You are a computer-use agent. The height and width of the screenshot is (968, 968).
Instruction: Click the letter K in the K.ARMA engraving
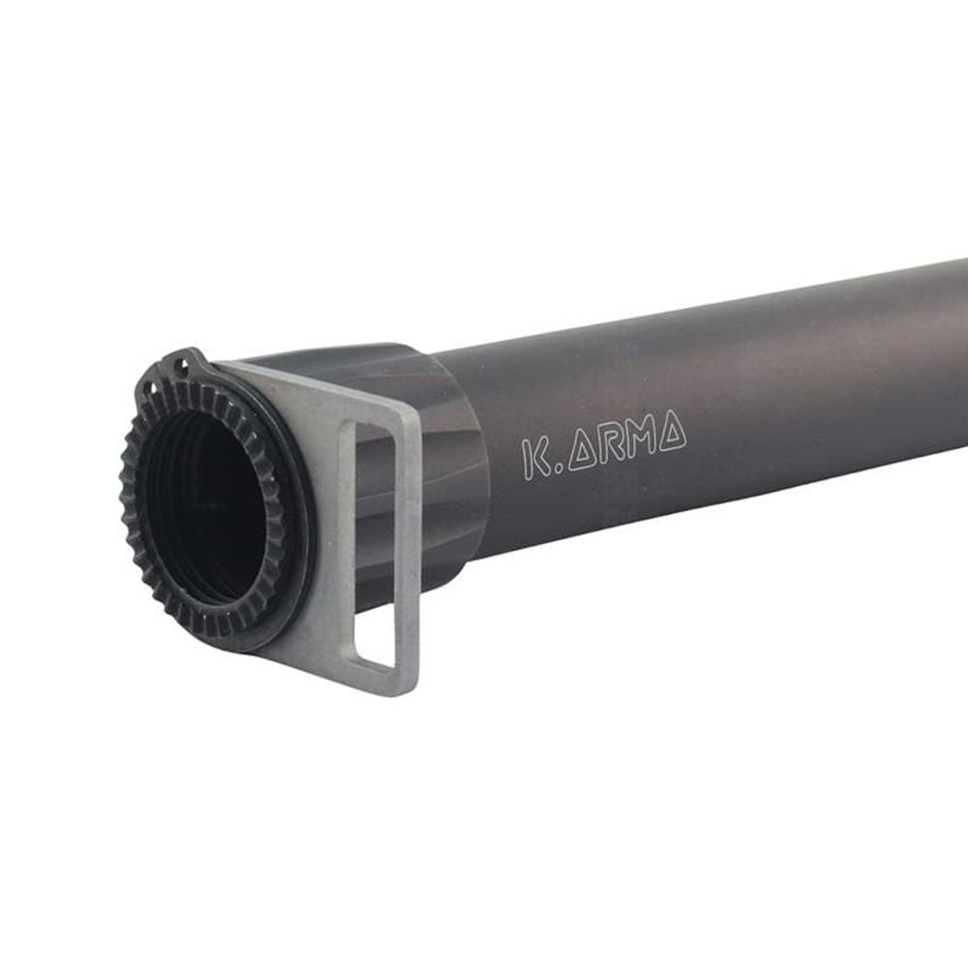click(x=534, y=458)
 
